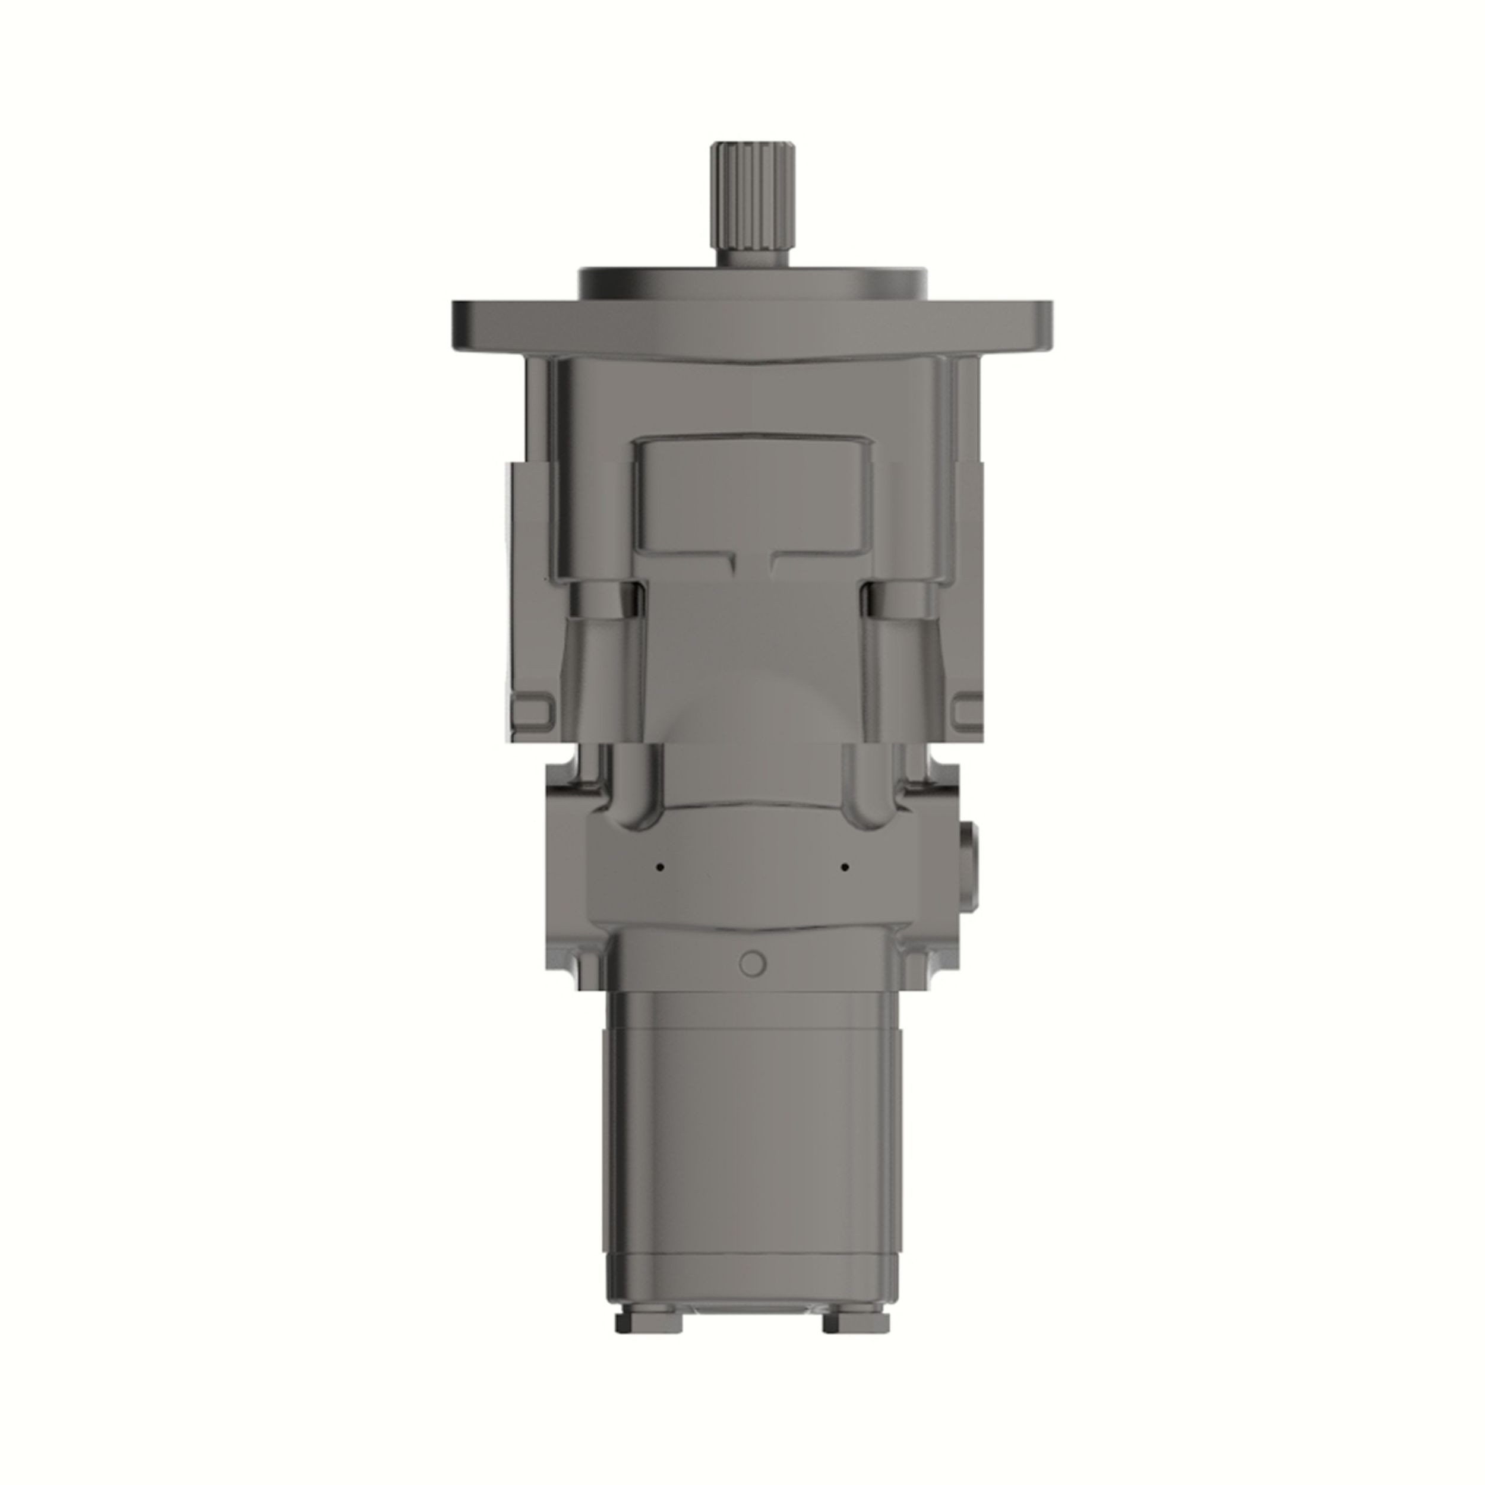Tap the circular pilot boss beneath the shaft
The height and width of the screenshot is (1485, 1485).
point(753,285)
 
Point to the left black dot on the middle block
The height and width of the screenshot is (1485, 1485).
point(659,867)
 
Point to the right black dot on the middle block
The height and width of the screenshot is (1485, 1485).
point(845,867)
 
